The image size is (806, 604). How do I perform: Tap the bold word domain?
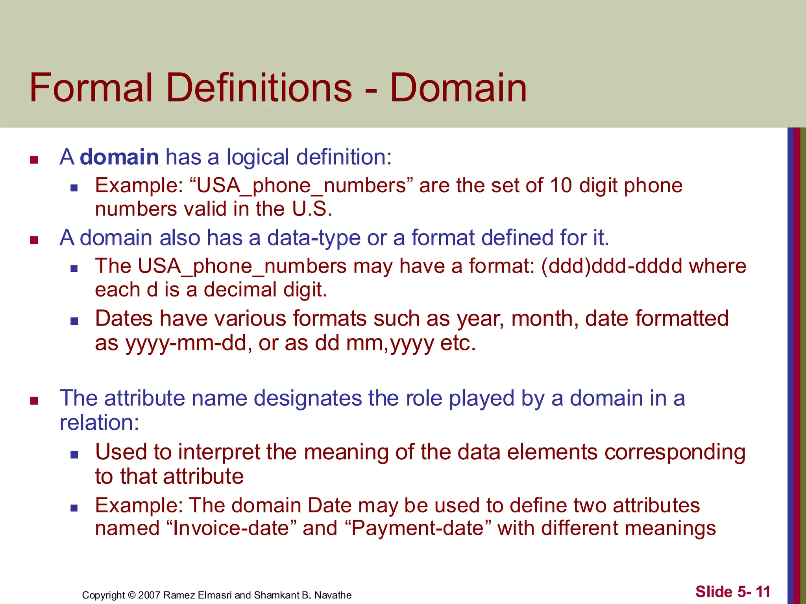119,157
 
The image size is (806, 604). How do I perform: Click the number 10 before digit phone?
561,185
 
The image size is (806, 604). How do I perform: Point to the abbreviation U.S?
312,209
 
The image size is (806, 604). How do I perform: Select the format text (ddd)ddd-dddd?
612,266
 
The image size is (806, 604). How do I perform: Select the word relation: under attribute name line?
100,423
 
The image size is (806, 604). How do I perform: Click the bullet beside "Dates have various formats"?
74,321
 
